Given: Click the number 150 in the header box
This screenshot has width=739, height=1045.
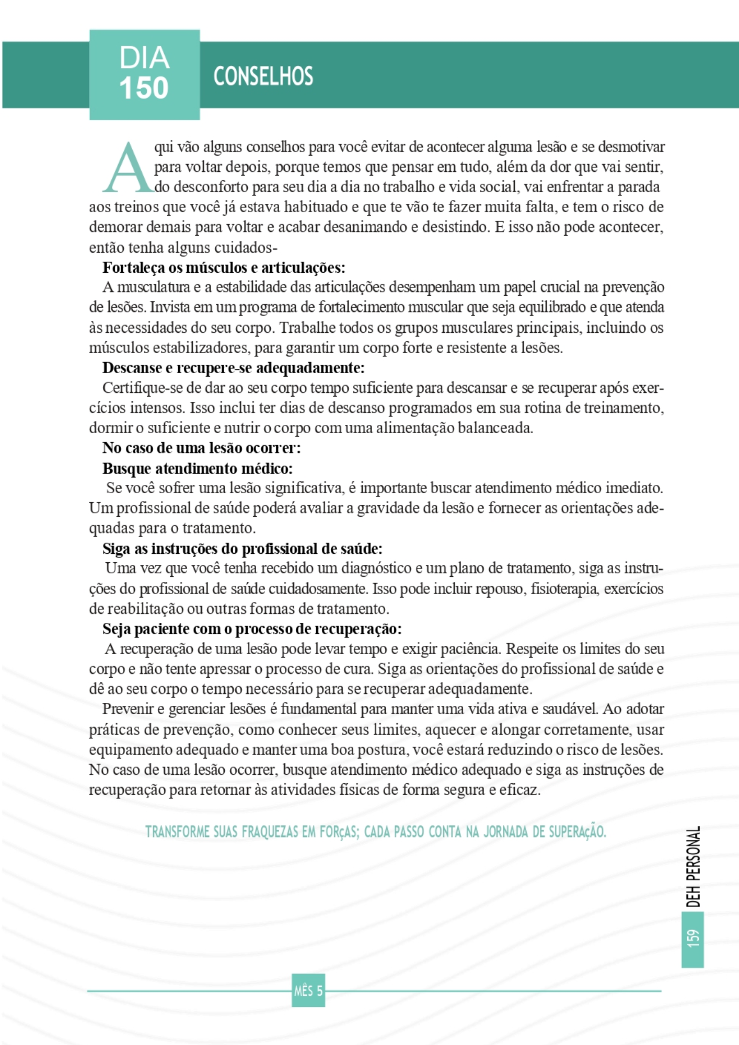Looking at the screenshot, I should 144,88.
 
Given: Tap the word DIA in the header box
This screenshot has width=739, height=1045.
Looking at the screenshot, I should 144,57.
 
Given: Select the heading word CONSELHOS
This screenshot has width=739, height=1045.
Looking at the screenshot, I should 263,76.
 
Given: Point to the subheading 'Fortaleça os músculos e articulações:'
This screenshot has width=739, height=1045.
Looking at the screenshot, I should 224,268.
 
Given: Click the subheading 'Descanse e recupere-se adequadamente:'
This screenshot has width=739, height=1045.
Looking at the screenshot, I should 233,368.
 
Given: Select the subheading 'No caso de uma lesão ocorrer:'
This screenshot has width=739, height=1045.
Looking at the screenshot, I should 201,448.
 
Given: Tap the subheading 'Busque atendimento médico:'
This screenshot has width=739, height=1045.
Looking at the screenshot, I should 197,468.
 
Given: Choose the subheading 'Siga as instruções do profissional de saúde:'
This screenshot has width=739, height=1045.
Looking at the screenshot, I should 242,549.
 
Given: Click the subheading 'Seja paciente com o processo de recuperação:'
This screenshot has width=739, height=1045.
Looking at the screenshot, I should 252,629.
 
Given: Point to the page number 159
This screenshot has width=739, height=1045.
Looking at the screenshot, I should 692,938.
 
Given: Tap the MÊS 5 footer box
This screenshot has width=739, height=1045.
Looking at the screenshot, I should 308,991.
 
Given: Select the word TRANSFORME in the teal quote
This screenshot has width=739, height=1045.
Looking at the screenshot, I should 177,832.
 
